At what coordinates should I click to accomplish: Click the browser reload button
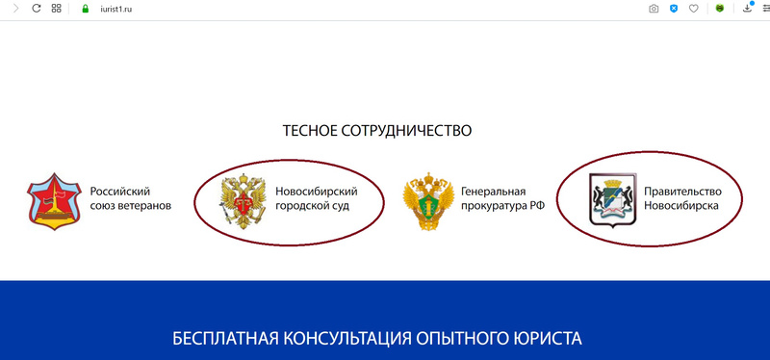(x=36, y=9)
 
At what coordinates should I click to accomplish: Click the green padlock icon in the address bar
(x=86, y=9)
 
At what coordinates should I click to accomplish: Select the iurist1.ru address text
(x=113, y=9)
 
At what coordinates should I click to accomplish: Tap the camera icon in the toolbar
(x=654, y=9)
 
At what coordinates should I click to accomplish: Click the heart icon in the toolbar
(x=693, y=9)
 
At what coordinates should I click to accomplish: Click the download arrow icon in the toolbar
(x=748, y=8)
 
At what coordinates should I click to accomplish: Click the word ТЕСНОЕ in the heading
(x=310, y=131)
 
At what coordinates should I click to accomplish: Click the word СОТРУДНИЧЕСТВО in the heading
(x=406, y=131)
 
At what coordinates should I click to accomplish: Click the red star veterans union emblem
(x=54, y=201)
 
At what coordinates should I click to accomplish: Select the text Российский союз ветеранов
(x=131, y=198)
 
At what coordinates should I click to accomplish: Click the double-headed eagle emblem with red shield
(x=244, y=202)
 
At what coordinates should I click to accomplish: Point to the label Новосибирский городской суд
(x=317, y=198)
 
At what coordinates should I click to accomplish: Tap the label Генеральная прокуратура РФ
(x=502, y=198)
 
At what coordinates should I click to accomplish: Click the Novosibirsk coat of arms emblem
(x=613, y=200)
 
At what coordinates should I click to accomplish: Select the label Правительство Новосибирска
(x=683, y=198)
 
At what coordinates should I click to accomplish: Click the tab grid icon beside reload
(x=57, y=9)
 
